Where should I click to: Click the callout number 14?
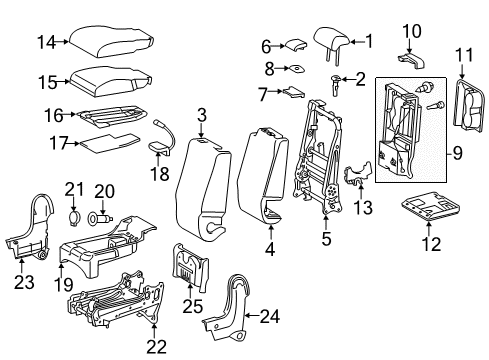[x=42, y=41]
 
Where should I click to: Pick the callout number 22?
[x=153, y=347]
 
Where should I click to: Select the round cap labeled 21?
[x=74, y=217]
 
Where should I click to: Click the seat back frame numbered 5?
[x=318, y=150]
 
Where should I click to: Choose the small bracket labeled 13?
[x=353, y=177]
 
